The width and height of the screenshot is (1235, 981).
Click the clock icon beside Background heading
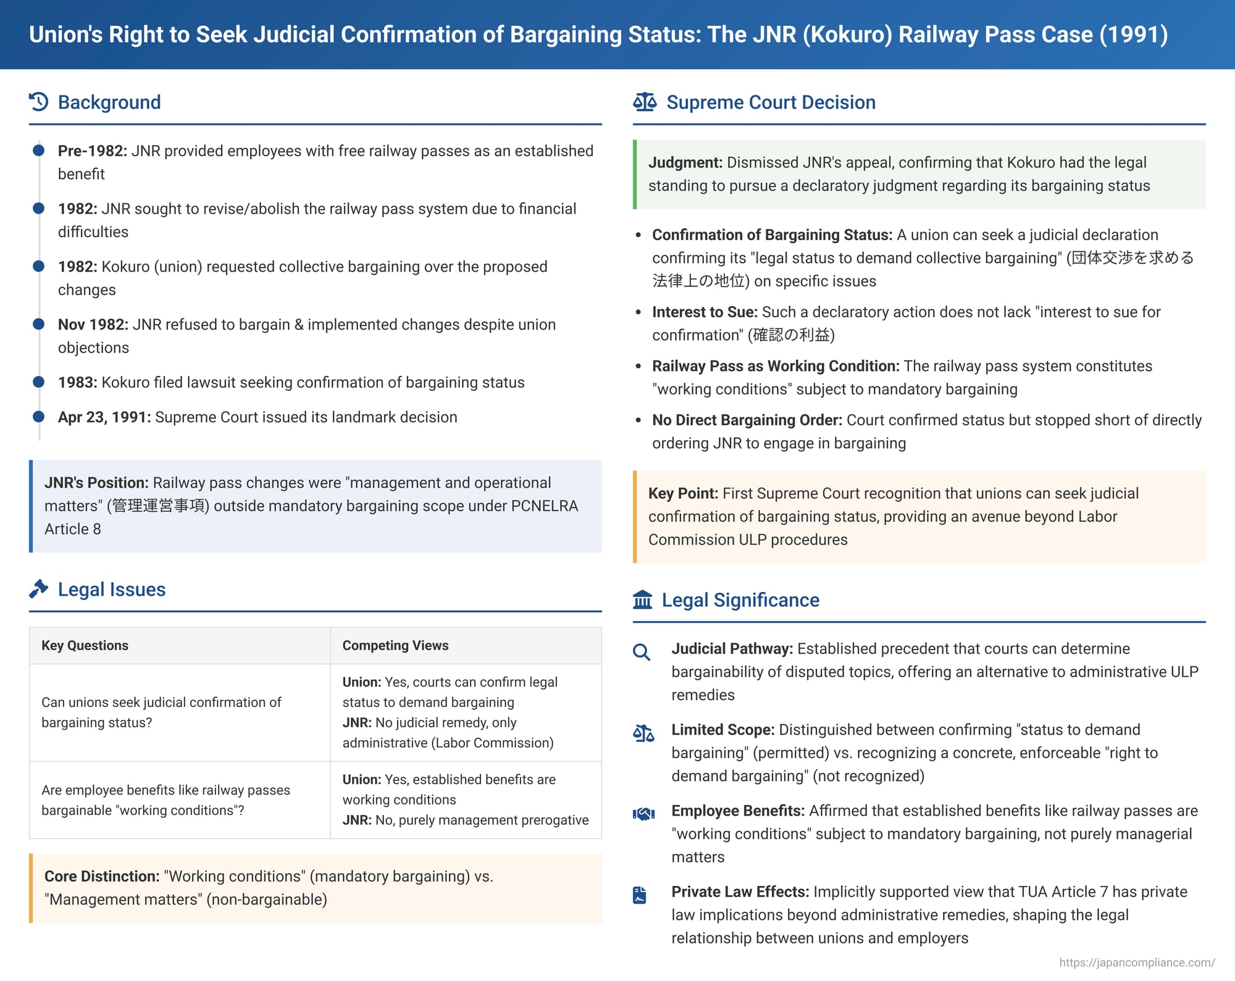tap(38, 102)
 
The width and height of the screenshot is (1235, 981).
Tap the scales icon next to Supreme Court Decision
tap(645, 102)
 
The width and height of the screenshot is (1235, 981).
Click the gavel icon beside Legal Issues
tap(38, 589)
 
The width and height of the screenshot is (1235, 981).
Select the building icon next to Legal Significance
tap(642, 599)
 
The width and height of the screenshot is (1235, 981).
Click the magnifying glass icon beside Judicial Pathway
tap(642, 652)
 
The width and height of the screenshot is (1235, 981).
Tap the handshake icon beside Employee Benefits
tap(643, 814)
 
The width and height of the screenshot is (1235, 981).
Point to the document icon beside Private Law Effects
tap(640, 895)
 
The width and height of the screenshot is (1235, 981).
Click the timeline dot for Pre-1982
tap(38, 151)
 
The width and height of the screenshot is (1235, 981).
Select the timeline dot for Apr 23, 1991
tap(38, 417)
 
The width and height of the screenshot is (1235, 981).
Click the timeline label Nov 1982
tap(93, 325)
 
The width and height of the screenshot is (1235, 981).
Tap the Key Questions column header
tap(85, 645)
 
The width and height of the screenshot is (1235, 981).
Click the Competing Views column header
tap(395, 645)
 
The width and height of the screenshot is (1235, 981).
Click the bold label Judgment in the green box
tap(685, 162)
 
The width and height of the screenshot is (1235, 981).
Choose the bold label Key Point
tap(683, 493)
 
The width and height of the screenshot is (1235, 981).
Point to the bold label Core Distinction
tap(102, 876)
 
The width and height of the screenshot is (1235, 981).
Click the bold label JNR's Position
tap(96, 483)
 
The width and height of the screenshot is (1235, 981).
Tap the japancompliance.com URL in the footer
tap(1137, 962)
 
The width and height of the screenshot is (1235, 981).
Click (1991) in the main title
tap(1134, 35)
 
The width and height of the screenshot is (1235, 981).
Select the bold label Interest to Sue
tap(705, 312)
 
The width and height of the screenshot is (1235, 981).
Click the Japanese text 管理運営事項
tap(158, 506)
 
